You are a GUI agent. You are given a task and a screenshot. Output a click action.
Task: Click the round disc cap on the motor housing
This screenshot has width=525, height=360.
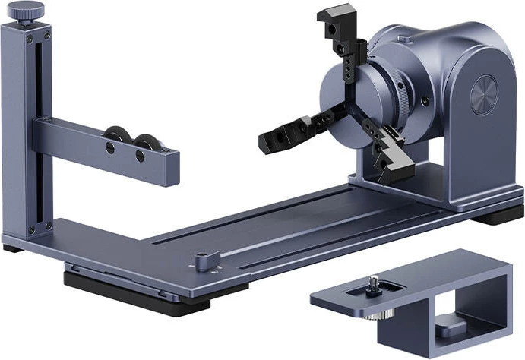[x=483, y=96]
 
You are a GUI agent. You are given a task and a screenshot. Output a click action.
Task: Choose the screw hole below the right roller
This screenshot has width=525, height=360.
[x=140, y=156]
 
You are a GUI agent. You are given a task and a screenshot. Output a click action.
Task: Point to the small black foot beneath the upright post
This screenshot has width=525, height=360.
[x=11, y=248]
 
